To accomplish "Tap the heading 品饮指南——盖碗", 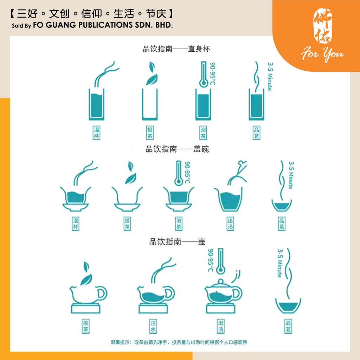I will point(177,149).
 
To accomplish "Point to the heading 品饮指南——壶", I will point(177,242).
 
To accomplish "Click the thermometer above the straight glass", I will point(203,75).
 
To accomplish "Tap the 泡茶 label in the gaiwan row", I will point(179,224).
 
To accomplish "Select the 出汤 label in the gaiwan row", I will point(230,224).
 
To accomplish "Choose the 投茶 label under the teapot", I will point(85,326).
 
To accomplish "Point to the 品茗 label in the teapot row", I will point(288,326).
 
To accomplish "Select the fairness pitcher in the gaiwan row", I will point(229,199).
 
